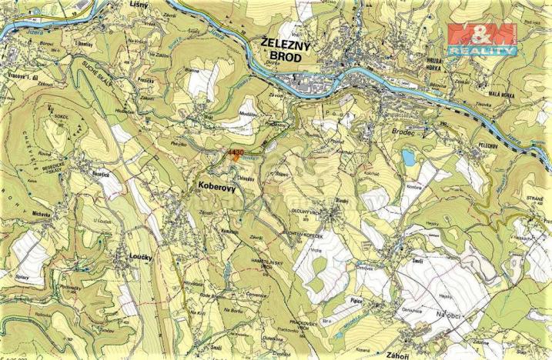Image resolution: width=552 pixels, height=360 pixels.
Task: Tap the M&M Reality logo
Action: (x=482, y=38)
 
